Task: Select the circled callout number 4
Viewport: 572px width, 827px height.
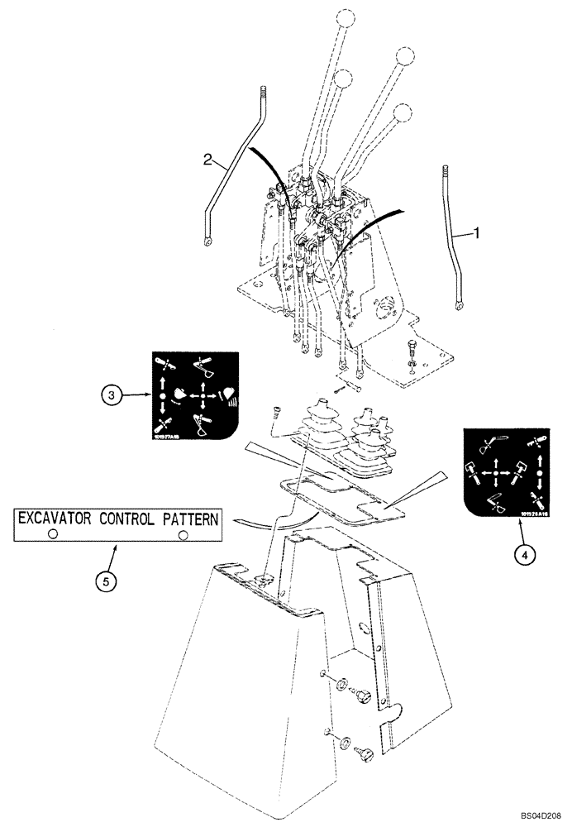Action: pos(522,555)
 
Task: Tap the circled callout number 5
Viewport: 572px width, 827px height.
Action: pos(104,581)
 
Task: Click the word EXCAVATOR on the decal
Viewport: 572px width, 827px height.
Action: pos(56,520)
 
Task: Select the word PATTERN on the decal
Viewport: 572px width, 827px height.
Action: pos(191,520)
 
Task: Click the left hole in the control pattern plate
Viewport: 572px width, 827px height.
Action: pos(53,535)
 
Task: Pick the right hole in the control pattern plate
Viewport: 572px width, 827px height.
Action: pos(183,535)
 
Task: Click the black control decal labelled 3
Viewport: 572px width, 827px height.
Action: pos(195,394)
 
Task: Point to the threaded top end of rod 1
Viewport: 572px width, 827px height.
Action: pos(446,172)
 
